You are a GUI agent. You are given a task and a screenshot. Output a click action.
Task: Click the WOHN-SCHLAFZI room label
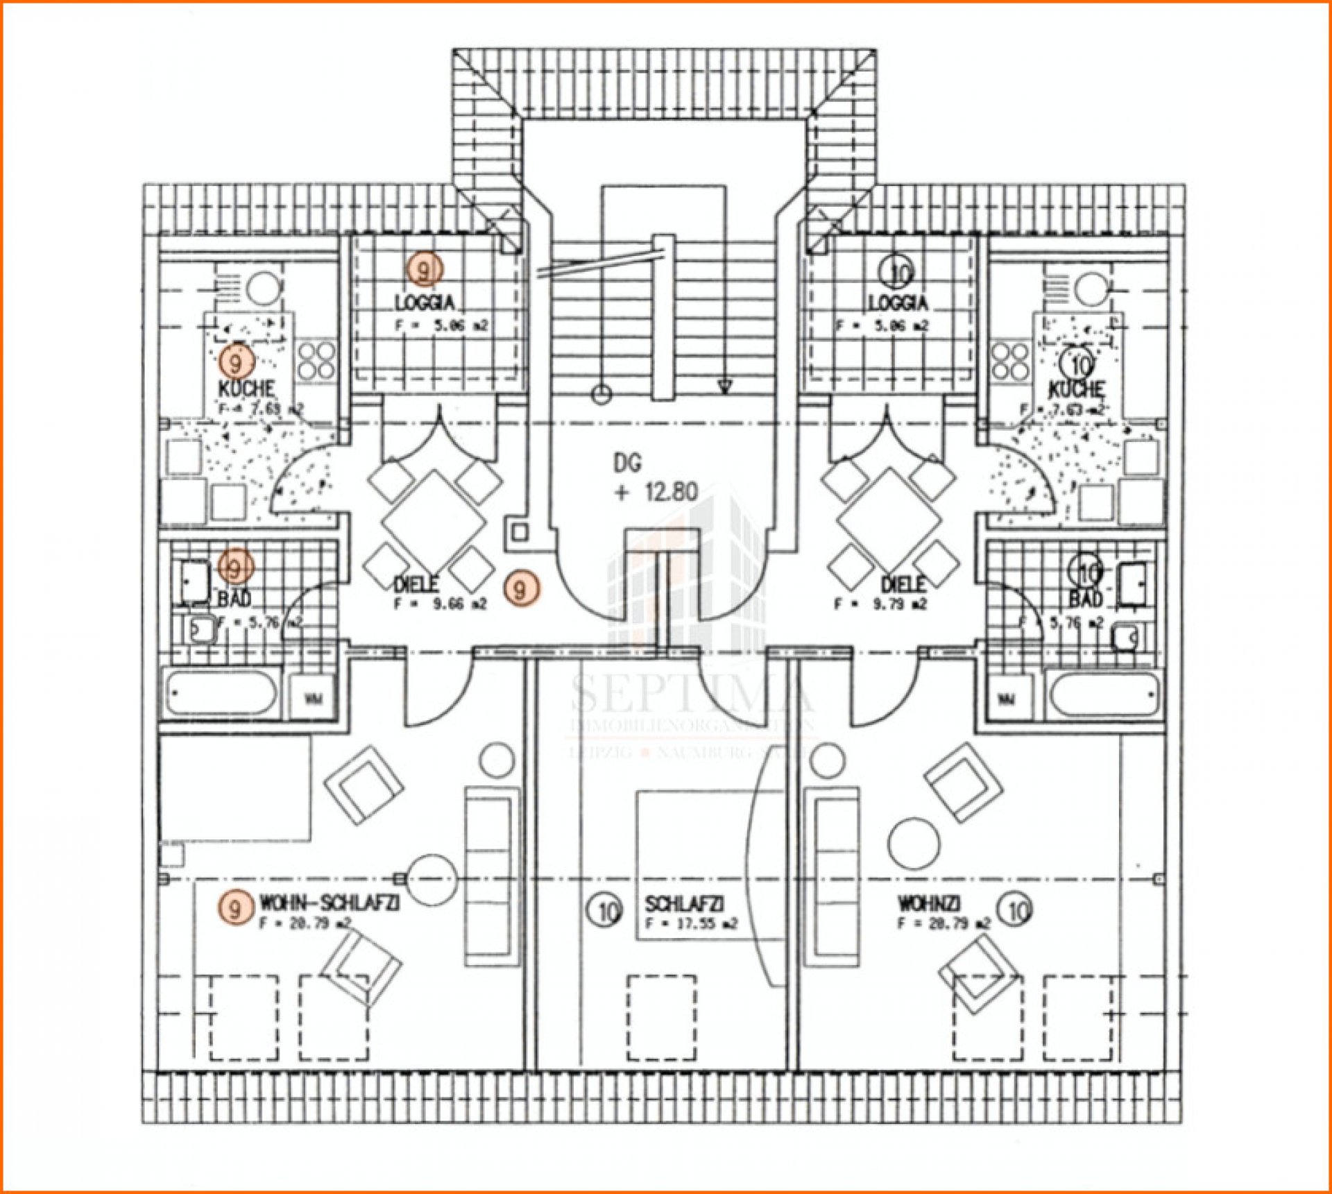click(x=329, y=903)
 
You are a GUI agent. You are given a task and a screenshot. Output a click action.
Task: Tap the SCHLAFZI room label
click(x=684, y=903)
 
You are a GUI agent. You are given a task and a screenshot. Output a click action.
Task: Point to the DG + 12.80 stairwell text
click(x=655, y=478)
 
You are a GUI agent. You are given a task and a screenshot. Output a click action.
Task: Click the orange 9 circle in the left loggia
click(x=424, y=268)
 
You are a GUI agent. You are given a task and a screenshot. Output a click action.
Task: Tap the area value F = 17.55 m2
click(x=691, y=923)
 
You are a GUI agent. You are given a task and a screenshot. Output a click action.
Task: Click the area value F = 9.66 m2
click(x=441, y=604)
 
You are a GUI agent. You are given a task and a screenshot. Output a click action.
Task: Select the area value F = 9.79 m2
click(x=880, y=604)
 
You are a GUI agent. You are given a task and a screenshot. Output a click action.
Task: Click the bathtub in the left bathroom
click(x=221, y=692)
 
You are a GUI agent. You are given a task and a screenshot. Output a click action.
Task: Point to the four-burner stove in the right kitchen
click(x=1011, y=361)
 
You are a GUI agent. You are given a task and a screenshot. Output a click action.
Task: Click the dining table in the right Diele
click(x=889, y=519)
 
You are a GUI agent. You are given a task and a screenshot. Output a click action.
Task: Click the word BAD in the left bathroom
click(x=234, y=597)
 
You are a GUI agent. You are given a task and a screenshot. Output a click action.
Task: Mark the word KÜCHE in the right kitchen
click(x=1076, y=389)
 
